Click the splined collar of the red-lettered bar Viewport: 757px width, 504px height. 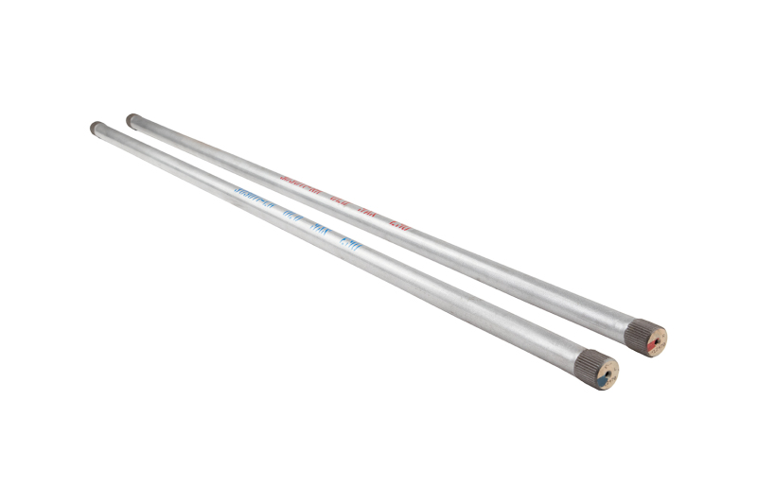[x=638, y=333]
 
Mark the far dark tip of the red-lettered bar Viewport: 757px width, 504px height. [x=132, y=119]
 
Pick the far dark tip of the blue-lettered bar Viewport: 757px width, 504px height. [x=96, y=127]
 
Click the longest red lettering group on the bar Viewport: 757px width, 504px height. [x=303, y=180]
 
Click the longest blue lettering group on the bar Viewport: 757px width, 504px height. [x=254, y=197]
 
